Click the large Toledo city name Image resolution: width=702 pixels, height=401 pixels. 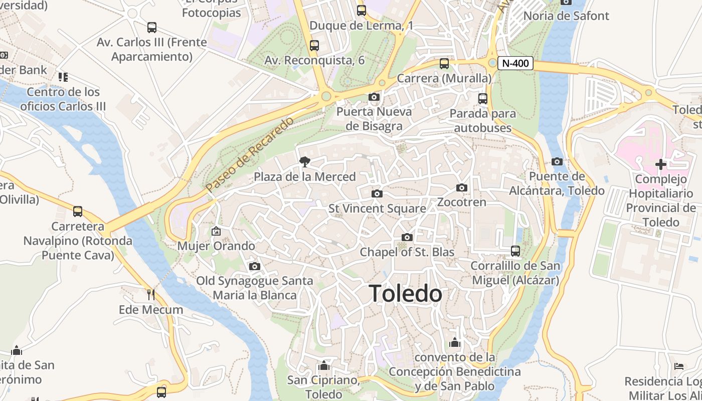click(x=405, y=294)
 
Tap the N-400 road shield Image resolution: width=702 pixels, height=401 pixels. click(x=515, y=64)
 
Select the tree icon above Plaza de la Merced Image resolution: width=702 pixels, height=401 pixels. click(x=304, y=161)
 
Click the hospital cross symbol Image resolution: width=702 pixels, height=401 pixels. click(x=660, y=164)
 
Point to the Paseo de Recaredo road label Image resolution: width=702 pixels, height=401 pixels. click(x=249, y=155)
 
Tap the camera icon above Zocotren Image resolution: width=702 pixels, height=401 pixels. click(x=462, y=188)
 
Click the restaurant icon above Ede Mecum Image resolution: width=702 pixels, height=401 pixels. click(x=150, y=294)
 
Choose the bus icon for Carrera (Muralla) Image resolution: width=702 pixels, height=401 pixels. click(x=444, y=64)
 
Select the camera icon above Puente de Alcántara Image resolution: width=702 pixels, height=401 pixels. click(x=557, y=161)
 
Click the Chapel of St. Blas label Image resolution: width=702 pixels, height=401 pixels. click(x=407, y=252)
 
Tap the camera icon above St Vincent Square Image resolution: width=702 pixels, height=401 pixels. click(x=377, y=193)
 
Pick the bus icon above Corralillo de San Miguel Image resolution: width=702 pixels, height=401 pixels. click(x=515, y=251)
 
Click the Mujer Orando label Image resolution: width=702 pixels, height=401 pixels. click(x=216, y=246)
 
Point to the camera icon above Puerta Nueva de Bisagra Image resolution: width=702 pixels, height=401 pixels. click(x=374, y=97)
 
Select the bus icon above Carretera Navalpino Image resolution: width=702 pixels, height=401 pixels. click(x=78, y=212)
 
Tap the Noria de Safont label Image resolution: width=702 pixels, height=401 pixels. click(x=566, y=16)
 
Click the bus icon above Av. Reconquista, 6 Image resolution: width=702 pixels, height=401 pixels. click(x=314, y=46)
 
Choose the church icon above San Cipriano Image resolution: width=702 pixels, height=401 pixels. click(x=324, y=365)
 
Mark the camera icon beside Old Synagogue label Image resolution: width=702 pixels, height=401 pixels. click(x=255, y=266)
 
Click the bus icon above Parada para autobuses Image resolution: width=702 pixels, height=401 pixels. click(x=483, y=99)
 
